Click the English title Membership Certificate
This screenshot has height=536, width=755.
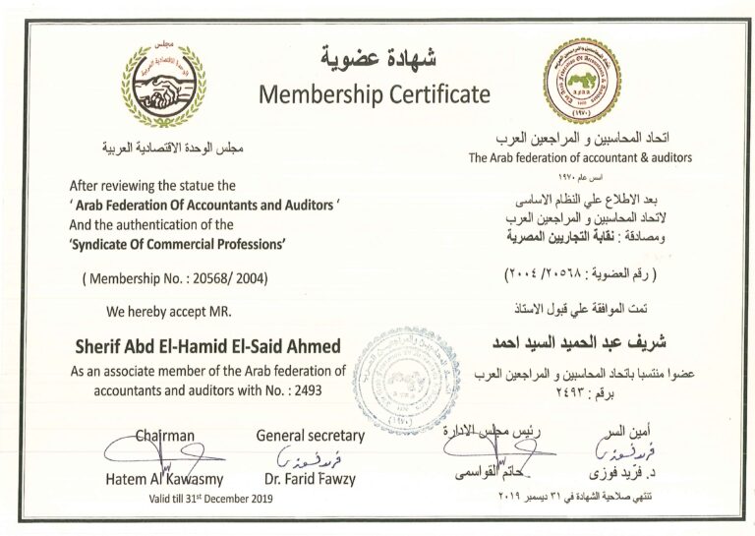tap(373, 94)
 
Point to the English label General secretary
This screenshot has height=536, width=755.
tap(310, 435)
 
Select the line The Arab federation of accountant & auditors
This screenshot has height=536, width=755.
tap(580, 157)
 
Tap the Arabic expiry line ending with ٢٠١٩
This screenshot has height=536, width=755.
tap(580, 501)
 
